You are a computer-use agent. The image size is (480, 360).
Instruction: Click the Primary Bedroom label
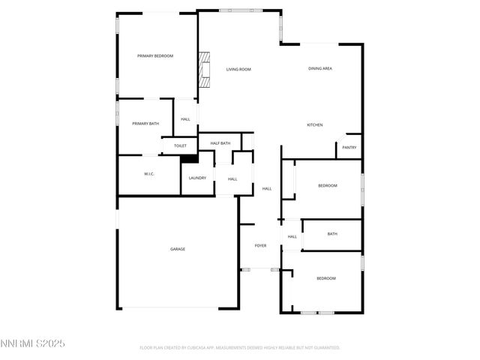pyautogui.click(x=155, y=56)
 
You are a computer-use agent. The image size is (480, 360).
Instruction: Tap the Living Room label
pyautogui.click(x=238, y=69)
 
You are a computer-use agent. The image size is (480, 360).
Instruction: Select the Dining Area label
pyautogui.click(x=320, y=69)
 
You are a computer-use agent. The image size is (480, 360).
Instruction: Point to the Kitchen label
pyautogui.click(x=315, y=124)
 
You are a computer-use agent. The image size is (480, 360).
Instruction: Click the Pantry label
pyautogui.click(x=349, y=147)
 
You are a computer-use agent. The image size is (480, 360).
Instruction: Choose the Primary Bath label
pyautogui.click(x=145, y=124)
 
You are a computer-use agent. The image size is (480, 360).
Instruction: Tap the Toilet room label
pyautogui.click(x=180, y=145)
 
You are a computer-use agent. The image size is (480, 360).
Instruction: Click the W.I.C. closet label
pyautogui.click(x=149, y=174)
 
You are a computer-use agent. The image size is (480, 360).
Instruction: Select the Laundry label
pyautogui.click(x=197, y=178)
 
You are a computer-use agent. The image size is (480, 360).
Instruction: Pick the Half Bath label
pyautogui.click(x=220, y=143)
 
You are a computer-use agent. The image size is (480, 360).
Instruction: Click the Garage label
pyautogui.click(x=178, y=249)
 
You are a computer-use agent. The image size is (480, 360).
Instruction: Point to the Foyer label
pyautogui.click(x=261, y=246)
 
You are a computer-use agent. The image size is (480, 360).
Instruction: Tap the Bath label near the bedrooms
pyautogui.click(x=332, y=234)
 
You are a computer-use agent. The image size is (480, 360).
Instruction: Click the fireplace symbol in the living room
pyautogui.click(x=203, y=67)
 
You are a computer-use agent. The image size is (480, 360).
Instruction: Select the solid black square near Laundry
pyautogui.click(x=189, y=157)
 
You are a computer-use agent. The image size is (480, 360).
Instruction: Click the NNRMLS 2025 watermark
pyautogui.click(x=33, y=343)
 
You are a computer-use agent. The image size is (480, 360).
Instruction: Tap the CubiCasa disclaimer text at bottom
pyautogui.click(x=240, y=348)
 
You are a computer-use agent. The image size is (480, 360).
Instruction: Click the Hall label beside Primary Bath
pyautogui.click(x=185, y=119)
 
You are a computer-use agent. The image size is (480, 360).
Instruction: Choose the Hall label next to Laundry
pyautogui.click(x=232, y=178)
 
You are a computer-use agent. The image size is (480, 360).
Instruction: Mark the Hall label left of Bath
pyautogui.click(x=292, y=237)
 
